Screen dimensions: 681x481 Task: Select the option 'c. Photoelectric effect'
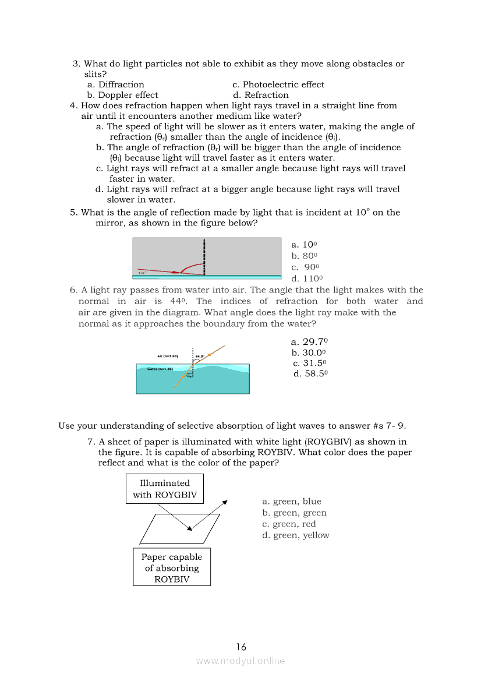coord(278,84)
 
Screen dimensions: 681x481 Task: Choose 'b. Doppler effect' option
coord(122,95)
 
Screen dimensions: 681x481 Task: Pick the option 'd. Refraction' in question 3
coord(260,95)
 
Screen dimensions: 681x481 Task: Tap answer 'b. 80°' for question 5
coord(304,256)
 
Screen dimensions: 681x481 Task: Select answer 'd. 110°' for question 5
coord(307,278)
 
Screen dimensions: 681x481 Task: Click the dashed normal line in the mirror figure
coord(204,256)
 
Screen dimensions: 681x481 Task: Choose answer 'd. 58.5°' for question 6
coord(311,373)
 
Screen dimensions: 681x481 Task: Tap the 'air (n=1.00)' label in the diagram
coord(168,355)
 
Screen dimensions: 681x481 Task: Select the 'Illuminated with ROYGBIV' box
coord(165,489)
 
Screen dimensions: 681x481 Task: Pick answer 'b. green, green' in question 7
coord(294,513)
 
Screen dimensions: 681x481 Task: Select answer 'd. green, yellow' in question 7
coord(296,535)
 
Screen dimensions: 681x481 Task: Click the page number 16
coord(241,647)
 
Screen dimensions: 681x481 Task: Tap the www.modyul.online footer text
coord(240,661)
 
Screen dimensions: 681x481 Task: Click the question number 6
coord(73,290)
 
